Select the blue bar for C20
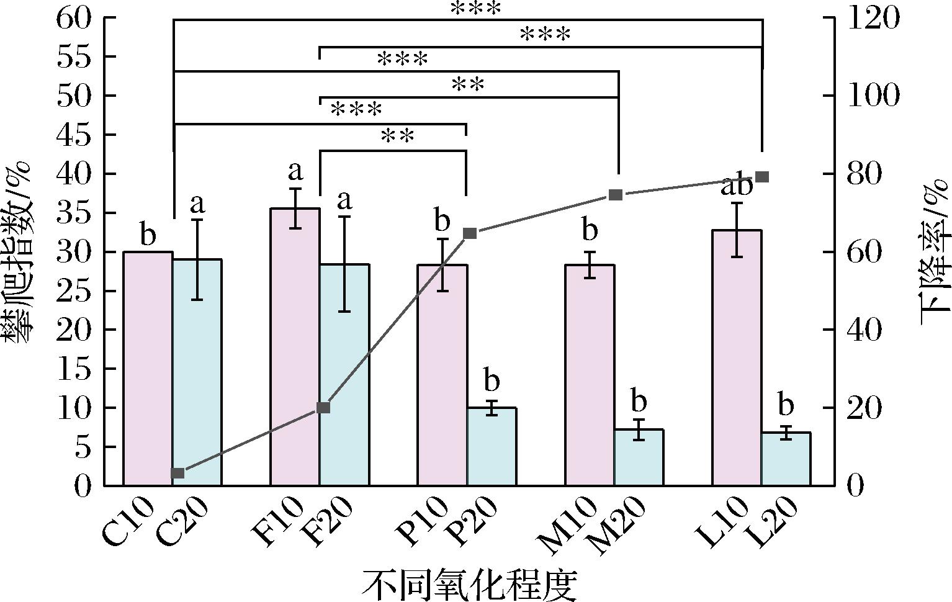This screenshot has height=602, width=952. (197, 372)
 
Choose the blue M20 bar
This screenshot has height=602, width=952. (639, 457)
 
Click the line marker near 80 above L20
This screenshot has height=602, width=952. (763, 177)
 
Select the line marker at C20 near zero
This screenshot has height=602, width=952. (177, 474)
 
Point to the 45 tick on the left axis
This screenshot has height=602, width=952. (74, 135)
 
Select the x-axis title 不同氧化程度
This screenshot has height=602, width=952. (469, 583)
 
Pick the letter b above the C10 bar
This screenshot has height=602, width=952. (148, 236)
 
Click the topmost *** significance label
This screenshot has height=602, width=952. (475, 9)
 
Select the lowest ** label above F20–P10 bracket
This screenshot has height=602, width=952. (397, 136)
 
